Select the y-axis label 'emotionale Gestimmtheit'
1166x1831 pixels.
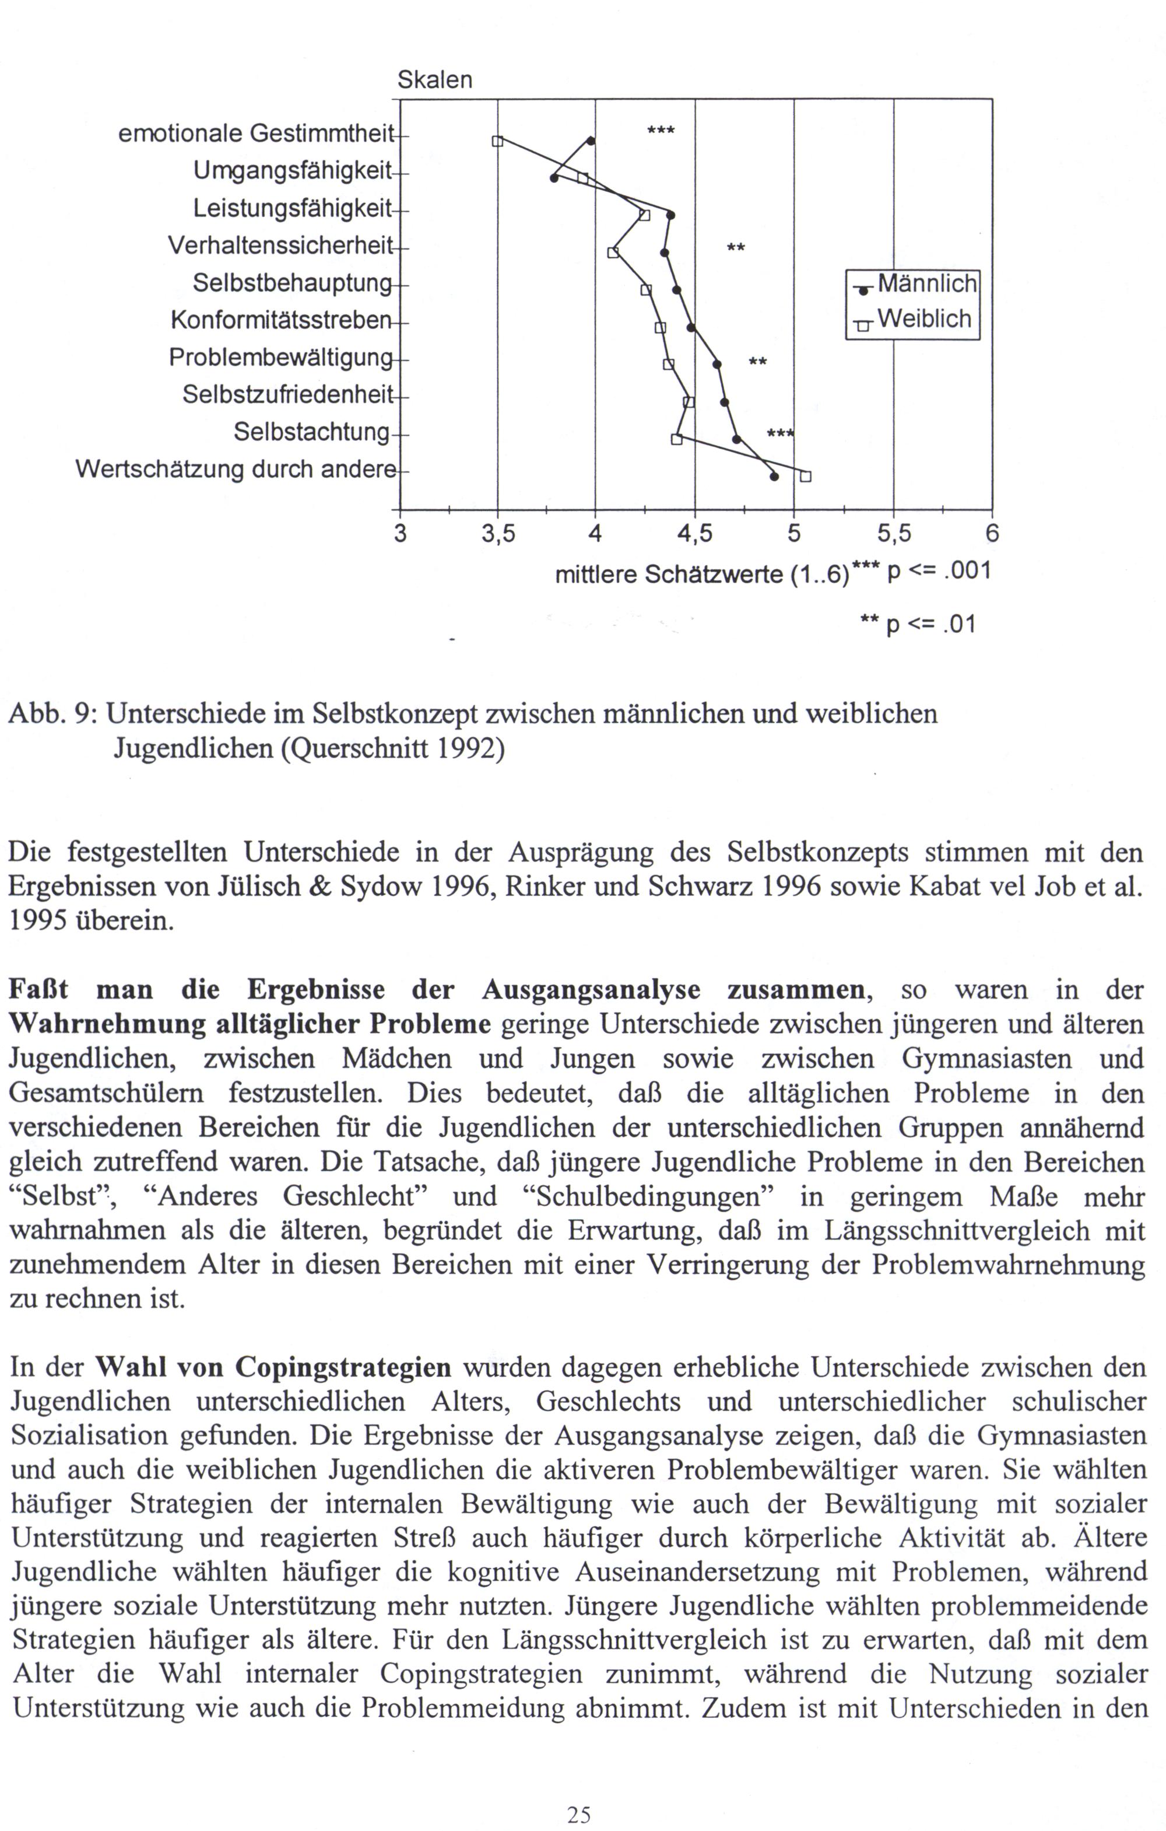(x=256, y=134)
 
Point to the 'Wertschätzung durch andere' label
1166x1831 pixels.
(x=236, y=469)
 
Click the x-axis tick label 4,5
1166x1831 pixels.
(x=694, y=534)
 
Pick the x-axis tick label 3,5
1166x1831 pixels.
(x=498, y=534)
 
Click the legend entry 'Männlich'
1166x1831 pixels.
(x=926, y=283)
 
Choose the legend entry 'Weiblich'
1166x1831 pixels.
(x=924, y=318)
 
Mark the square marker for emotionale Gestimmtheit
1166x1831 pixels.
(x=497, y=141)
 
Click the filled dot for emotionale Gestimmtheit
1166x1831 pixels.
(x=591, y=141)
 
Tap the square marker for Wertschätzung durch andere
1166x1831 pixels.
(x=806, y=477)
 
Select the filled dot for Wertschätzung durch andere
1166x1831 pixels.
(x=774, y=477)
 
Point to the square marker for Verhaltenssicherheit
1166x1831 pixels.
(x=613, y=251)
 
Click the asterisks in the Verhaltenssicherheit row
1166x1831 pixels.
(x=736, y=248)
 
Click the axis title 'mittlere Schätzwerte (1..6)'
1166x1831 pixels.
(x=701, y=574)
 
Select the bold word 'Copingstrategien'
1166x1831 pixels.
(x=343, y=1368)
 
